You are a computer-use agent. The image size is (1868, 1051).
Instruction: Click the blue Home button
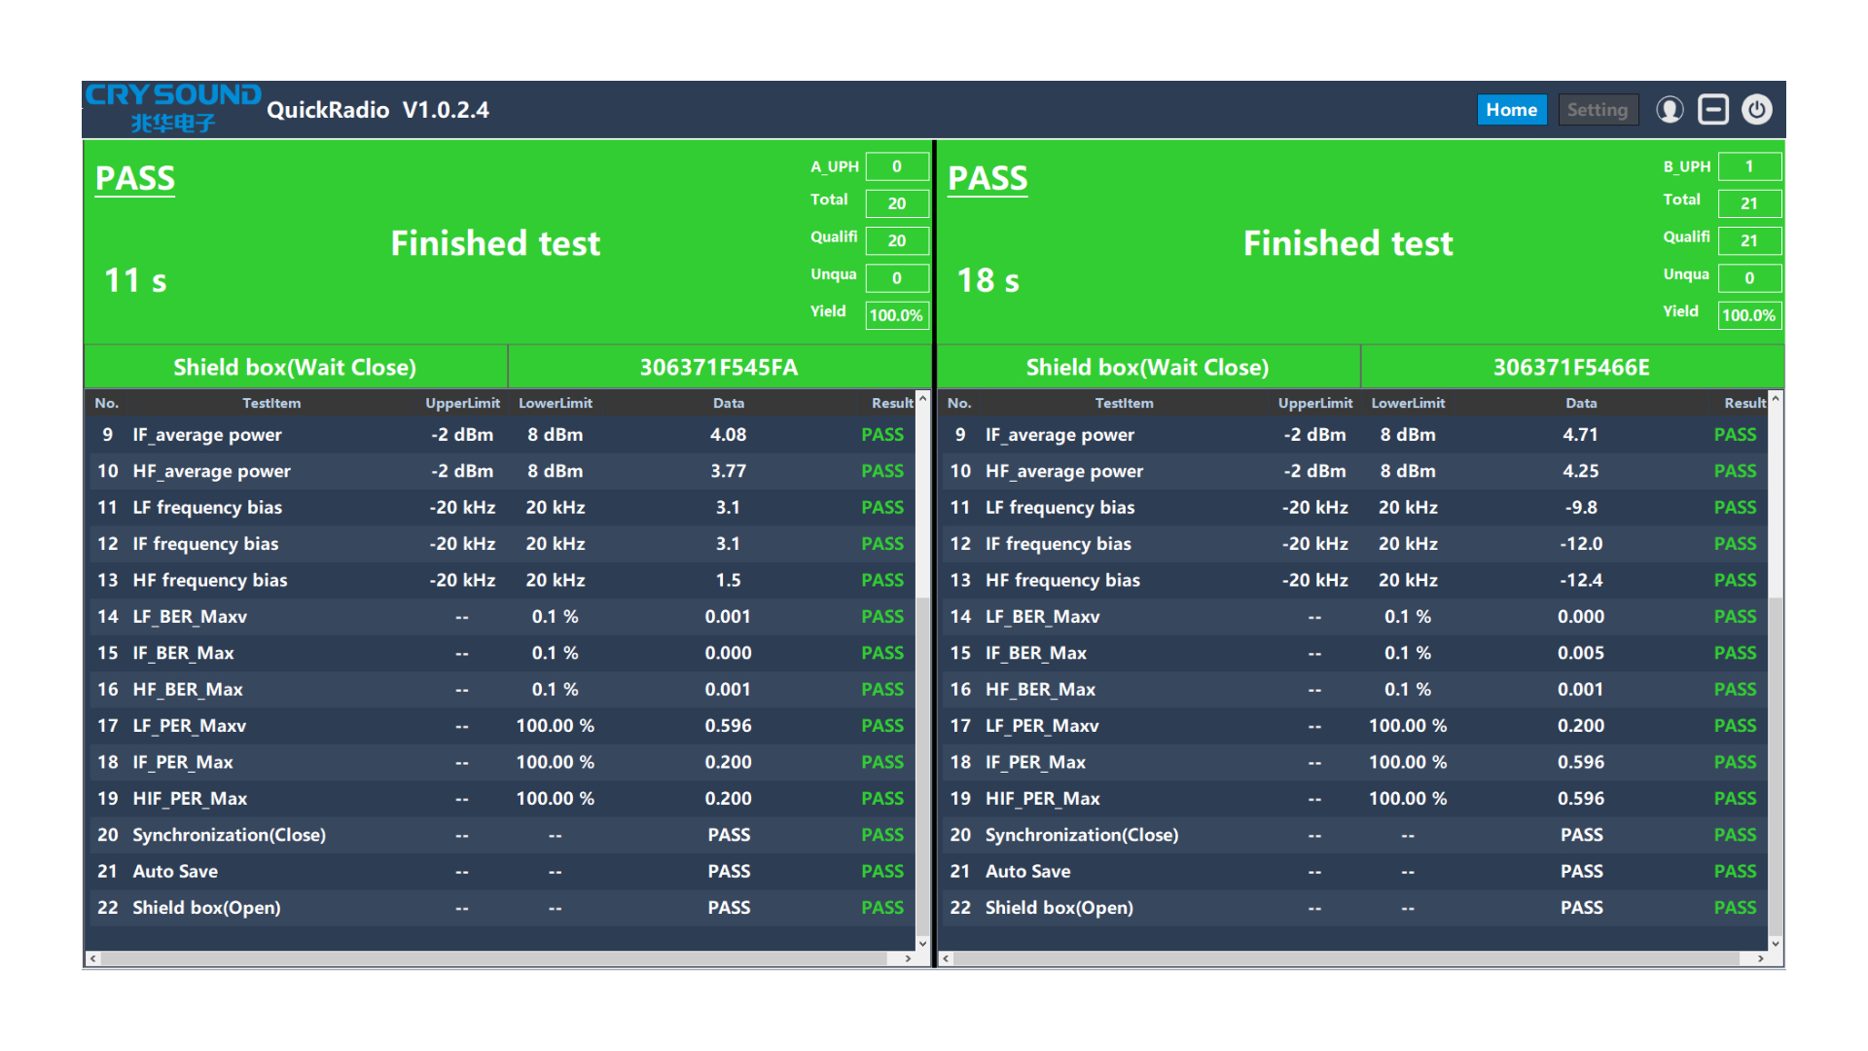(1511, 110)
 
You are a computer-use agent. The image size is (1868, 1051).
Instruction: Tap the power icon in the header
(1756, 110)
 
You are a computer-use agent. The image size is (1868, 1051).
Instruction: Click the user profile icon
(1670, 110)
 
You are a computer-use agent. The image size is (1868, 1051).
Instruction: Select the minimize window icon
(1712, 110)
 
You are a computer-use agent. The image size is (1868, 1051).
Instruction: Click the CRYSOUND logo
(172, 107)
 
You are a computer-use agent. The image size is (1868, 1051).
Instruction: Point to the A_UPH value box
(896, 166)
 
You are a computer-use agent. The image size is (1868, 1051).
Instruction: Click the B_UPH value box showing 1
(1748, 166)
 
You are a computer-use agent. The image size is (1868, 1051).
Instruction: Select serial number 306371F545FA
(718, 367)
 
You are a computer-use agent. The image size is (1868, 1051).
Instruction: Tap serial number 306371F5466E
(1571, 367)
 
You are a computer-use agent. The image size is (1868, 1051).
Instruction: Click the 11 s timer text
(135, 280)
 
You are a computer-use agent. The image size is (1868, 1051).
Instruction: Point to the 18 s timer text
(988, 280)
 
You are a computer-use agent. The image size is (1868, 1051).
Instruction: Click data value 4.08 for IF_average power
(728, 435)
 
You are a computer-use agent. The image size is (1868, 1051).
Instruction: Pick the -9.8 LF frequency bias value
(1580, 507)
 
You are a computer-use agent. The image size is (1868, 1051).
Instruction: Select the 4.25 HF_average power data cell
(1580, 471)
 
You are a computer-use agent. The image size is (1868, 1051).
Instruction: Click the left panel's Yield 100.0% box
(896, 315)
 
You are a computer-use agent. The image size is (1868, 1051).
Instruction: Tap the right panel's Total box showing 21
(1748, 203)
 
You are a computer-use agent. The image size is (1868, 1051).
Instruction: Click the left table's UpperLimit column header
(462, 403)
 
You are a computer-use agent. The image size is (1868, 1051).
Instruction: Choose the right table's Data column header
(1580, 403)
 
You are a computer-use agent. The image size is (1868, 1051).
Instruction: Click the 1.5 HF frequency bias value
(728, 580)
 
